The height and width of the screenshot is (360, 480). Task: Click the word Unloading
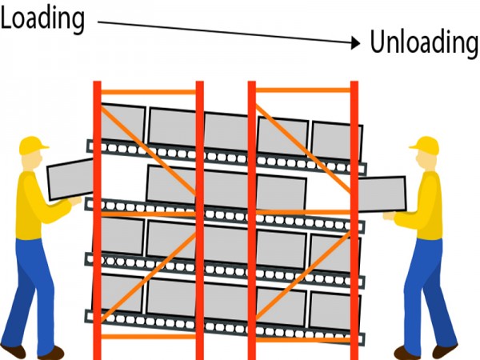[x=423, y=42]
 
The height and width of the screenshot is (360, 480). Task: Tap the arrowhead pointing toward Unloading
[x=356, y=43]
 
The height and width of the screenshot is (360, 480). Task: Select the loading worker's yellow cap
[x=33, y=145]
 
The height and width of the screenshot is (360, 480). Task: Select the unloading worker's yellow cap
[x=425, y=145]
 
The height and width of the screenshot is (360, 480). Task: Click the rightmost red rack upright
[x=354, y=216]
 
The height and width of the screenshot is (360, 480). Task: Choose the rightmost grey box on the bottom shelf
[x=330, y=309]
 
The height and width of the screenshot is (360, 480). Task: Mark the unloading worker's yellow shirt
[x=424, y=208]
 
